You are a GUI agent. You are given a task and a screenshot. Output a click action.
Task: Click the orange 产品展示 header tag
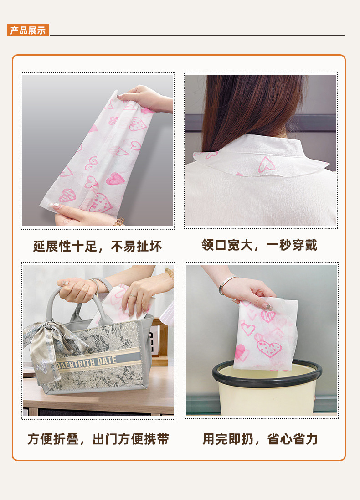coord(28,31)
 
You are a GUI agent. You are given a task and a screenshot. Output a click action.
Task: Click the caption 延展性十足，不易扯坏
coord(97,247)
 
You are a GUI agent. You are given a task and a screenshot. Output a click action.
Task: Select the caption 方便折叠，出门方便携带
coord(98,439)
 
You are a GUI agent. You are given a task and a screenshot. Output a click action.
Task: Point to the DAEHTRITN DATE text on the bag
coord(87,363)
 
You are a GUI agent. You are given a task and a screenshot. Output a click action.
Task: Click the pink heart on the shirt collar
coord(266,164)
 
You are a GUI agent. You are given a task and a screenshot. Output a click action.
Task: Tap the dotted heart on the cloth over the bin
coord(269,348)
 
